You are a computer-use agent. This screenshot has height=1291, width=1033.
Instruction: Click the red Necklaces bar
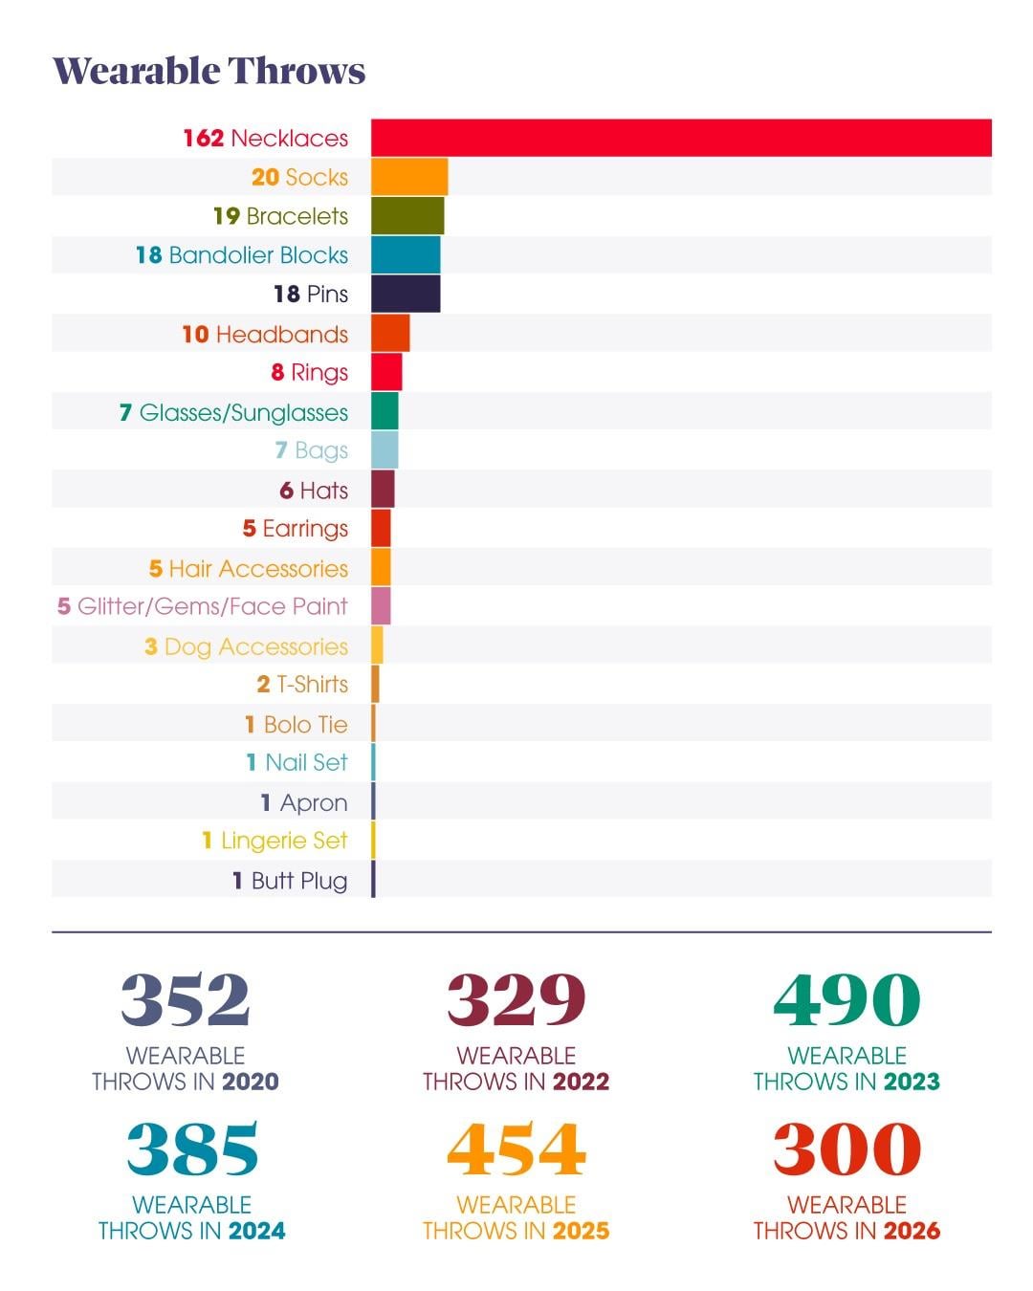(x=681, y=138)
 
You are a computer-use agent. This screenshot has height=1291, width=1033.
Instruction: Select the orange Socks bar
(x=409, y=177)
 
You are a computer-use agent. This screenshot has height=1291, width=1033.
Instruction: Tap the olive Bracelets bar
(x=407, y=216)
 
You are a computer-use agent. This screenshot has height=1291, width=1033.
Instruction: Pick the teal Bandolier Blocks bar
(x=406, y=255)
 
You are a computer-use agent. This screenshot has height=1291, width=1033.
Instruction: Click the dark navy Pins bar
(x=406, y=294)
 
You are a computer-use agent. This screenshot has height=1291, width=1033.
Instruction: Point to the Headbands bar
(x=390, y=334)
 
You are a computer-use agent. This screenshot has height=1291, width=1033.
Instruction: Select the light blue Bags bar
(x=385, y=450)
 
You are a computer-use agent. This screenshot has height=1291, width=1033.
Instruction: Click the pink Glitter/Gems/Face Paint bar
(x=381, y=606)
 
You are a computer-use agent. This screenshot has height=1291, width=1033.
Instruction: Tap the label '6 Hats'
(x=314, y=491)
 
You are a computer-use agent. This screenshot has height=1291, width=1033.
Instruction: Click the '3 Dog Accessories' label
(x=246, y=646)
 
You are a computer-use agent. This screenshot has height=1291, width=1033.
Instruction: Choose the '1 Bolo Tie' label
(x=297, y=725)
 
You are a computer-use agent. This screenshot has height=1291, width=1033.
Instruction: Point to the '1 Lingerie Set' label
(x=275, y=841)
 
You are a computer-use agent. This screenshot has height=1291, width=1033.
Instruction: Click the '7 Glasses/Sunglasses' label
(x=233, y=412)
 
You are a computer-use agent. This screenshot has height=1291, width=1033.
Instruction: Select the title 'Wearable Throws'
(x=209, y=71)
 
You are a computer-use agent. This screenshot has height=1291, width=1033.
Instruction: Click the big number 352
(x=186, y=999)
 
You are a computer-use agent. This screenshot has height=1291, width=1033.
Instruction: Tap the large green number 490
(x=846, y=999)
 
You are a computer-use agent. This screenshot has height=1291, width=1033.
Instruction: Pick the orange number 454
(x=516, y=1149)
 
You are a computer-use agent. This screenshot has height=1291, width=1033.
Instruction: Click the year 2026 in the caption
(x=912, y=1231)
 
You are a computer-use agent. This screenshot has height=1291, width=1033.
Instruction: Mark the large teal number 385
(x=192, y=1149)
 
